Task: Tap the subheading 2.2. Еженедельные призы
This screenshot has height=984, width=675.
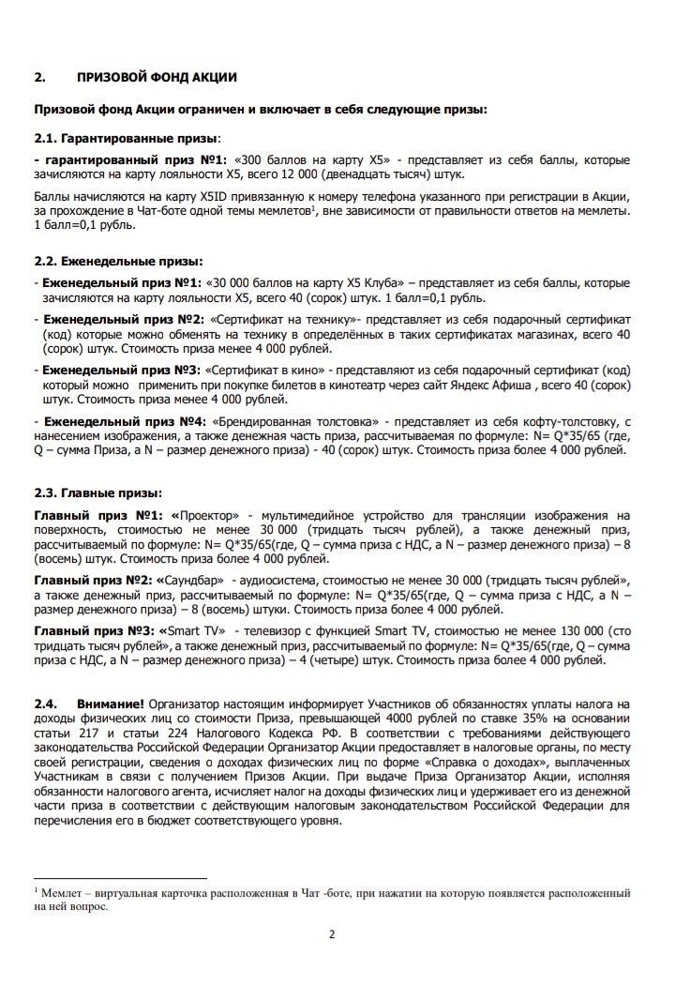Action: [x=118, y=261]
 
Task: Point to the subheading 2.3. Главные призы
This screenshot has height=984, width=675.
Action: [x=97, y=492]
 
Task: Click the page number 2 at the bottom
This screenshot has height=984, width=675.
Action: [x=332, y=933]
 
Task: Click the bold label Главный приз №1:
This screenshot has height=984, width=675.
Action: [x=97, y=516]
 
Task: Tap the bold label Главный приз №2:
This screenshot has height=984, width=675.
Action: [x=94, y=581]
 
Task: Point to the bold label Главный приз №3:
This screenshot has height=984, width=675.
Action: [x=94, y=631]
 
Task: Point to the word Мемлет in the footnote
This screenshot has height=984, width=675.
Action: [x=59, y=894]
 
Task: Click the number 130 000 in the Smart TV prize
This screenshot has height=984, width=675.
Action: [x=559, y=631]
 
